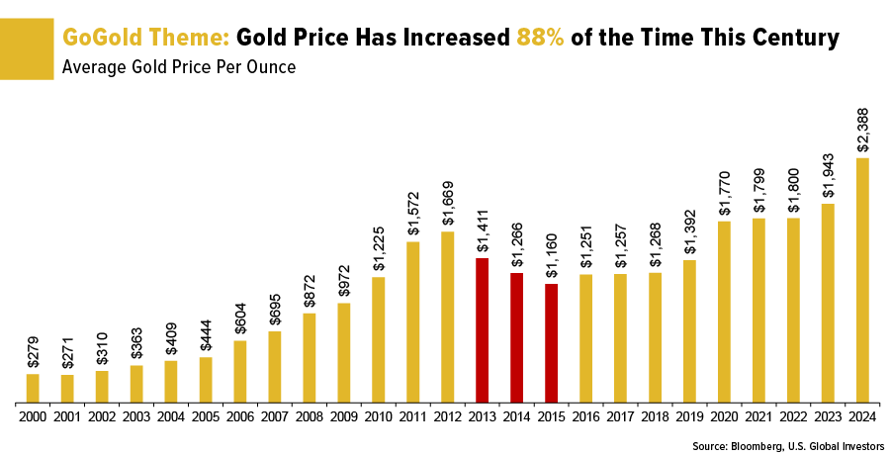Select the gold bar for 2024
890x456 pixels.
(863, 280)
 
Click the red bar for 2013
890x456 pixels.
(483, 330)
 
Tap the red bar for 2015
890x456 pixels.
(552, 343)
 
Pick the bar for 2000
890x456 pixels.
(33, 388)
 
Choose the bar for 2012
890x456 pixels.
(448, 317)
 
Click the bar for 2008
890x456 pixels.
(310, 357)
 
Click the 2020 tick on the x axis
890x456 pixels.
(725, 417)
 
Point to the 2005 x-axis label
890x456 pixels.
(206, 417)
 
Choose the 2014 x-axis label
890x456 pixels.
(517, 417)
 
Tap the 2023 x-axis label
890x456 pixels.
(829, 417)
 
